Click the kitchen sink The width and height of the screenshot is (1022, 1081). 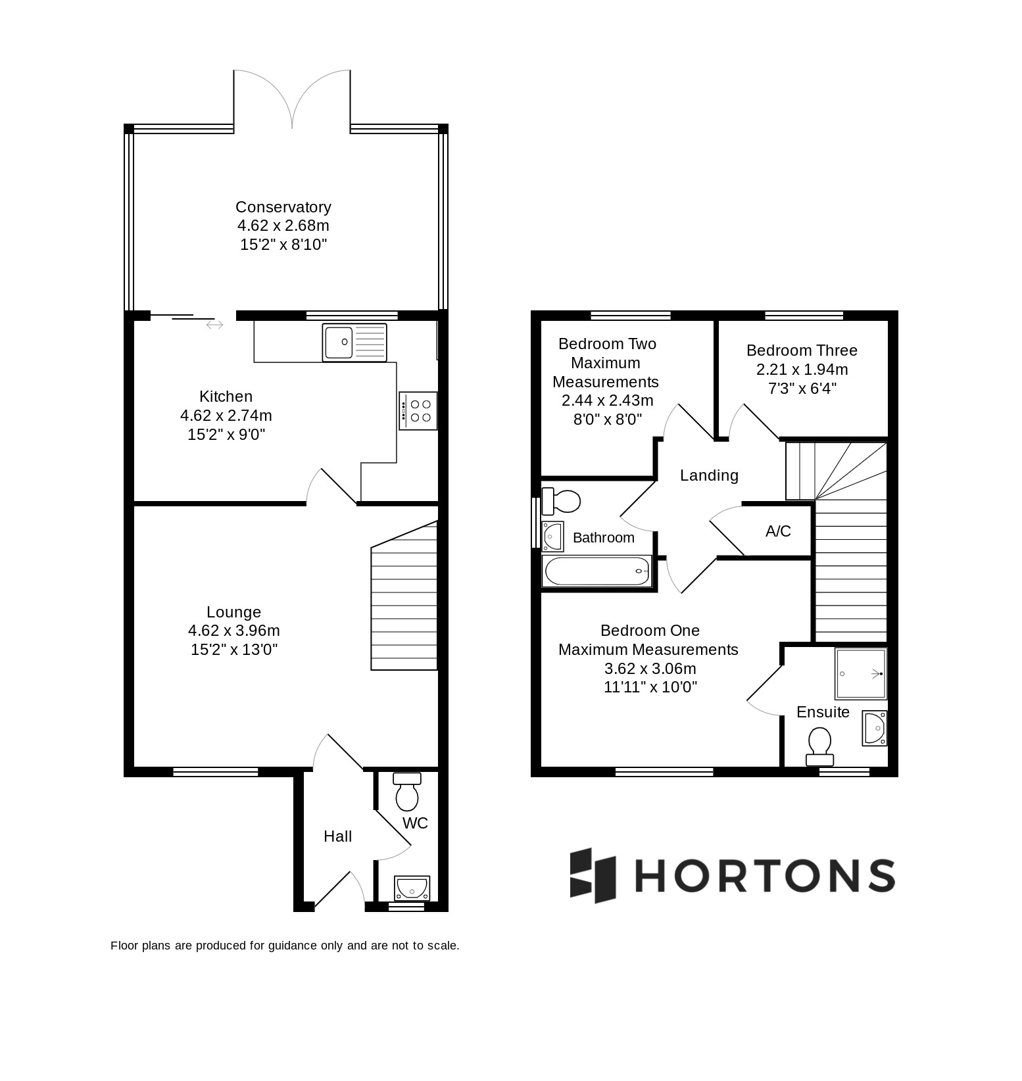pos(354,343)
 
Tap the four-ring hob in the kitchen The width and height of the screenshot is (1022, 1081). pos(418,411)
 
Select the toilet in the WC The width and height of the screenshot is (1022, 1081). pos(407,792)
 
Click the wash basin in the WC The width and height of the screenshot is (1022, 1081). pos(412,888)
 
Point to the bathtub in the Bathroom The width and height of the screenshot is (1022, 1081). pos(596,571)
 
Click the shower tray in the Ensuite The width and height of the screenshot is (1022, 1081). pos(861,673)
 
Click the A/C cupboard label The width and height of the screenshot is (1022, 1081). pos(778,531)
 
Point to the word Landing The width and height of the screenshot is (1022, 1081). pos(709,475)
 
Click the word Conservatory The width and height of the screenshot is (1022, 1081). pos(283,207)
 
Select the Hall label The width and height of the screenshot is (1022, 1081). pos(337,836)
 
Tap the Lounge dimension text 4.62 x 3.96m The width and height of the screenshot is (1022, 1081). pos(234,631)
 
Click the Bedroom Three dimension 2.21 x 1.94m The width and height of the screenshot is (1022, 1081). pos(802,369)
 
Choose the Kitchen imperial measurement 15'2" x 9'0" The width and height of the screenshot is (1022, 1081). pos(226,435)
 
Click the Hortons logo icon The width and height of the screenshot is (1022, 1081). pos(593,875)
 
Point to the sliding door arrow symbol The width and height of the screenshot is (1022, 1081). pos(214,325)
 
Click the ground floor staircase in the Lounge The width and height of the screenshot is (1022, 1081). pos(404,596)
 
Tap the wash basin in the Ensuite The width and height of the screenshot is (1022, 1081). pos(875,729)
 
